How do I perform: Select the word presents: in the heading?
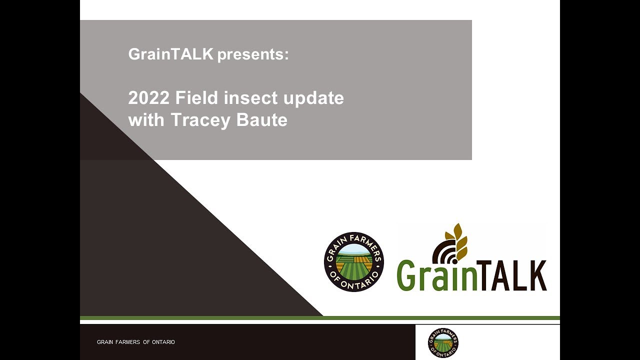click(x=253, y=54)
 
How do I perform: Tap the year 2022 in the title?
click(x=149, y=98)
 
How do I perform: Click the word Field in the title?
click(x=197, y=98)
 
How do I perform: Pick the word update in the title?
click(x=313, y=98)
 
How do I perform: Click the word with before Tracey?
click(x=147, y=120)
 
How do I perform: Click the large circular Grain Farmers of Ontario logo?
click(x=353, y=262)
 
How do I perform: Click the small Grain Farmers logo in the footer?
click(x=443, y=343)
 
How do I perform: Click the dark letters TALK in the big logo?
click(x=518, y=275)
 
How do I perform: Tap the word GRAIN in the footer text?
click(x=105, y=342)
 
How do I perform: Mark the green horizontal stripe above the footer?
click(x=320, y=318)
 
